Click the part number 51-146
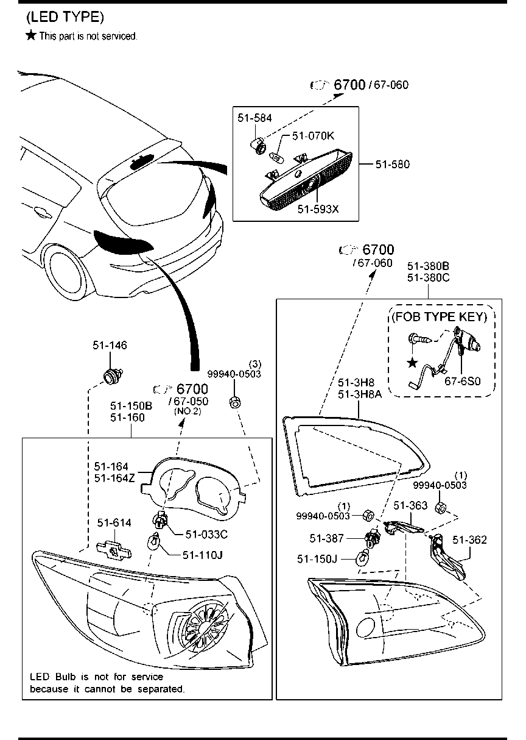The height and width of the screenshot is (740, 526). click(x=110, y=346)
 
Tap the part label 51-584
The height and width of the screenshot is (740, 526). click(x=254, y=118)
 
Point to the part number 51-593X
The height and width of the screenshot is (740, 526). click(x=317, y=209)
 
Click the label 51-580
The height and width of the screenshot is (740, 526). click(x=392, y=164)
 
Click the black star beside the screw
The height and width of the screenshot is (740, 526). click(x=412, y=363)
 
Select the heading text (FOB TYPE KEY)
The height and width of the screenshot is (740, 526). click(x=439, y=316)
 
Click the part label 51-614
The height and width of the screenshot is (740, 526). click(x=114, y=523)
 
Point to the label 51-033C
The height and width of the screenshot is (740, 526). click(x=206, y=534)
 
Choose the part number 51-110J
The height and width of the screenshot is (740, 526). click(x=203, y=555)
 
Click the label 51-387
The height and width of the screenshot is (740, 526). click(x=328, y=538)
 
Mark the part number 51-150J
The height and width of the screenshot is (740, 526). click(x=317, y=558)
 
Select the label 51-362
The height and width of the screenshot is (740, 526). click(x=469, y=540)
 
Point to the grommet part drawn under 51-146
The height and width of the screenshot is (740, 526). click(x=112, y=377)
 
